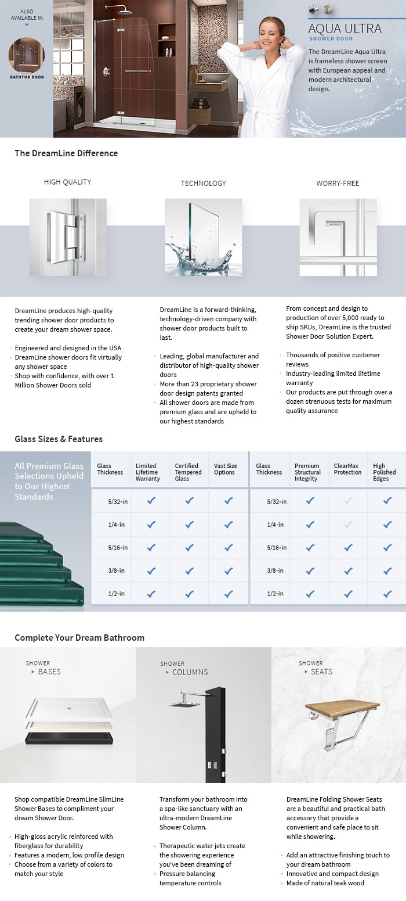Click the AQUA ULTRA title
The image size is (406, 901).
[x=345, y=28]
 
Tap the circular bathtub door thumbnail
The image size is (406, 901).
[x=26, y=55]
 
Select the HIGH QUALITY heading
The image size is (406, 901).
[x=67, y=182]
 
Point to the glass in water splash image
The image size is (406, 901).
[x=203, y=237]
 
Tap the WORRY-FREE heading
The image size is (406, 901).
[x=338, y=183]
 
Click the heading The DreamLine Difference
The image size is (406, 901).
[x=66, y=153]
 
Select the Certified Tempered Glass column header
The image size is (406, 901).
[x=187, y=472]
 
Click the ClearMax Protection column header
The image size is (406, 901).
[x=347, y=469]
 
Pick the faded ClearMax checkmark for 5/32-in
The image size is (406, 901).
[x=348, y=501]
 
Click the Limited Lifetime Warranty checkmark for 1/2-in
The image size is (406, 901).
[x=151, y=594]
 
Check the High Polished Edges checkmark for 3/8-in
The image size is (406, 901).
[x=387, y=570]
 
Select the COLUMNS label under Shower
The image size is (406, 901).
[x=190, y=672]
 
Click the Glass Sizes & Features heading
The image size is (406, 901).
[x=59, y=439]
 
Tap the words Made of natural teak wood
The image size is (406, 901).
[x=325, y=883]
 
